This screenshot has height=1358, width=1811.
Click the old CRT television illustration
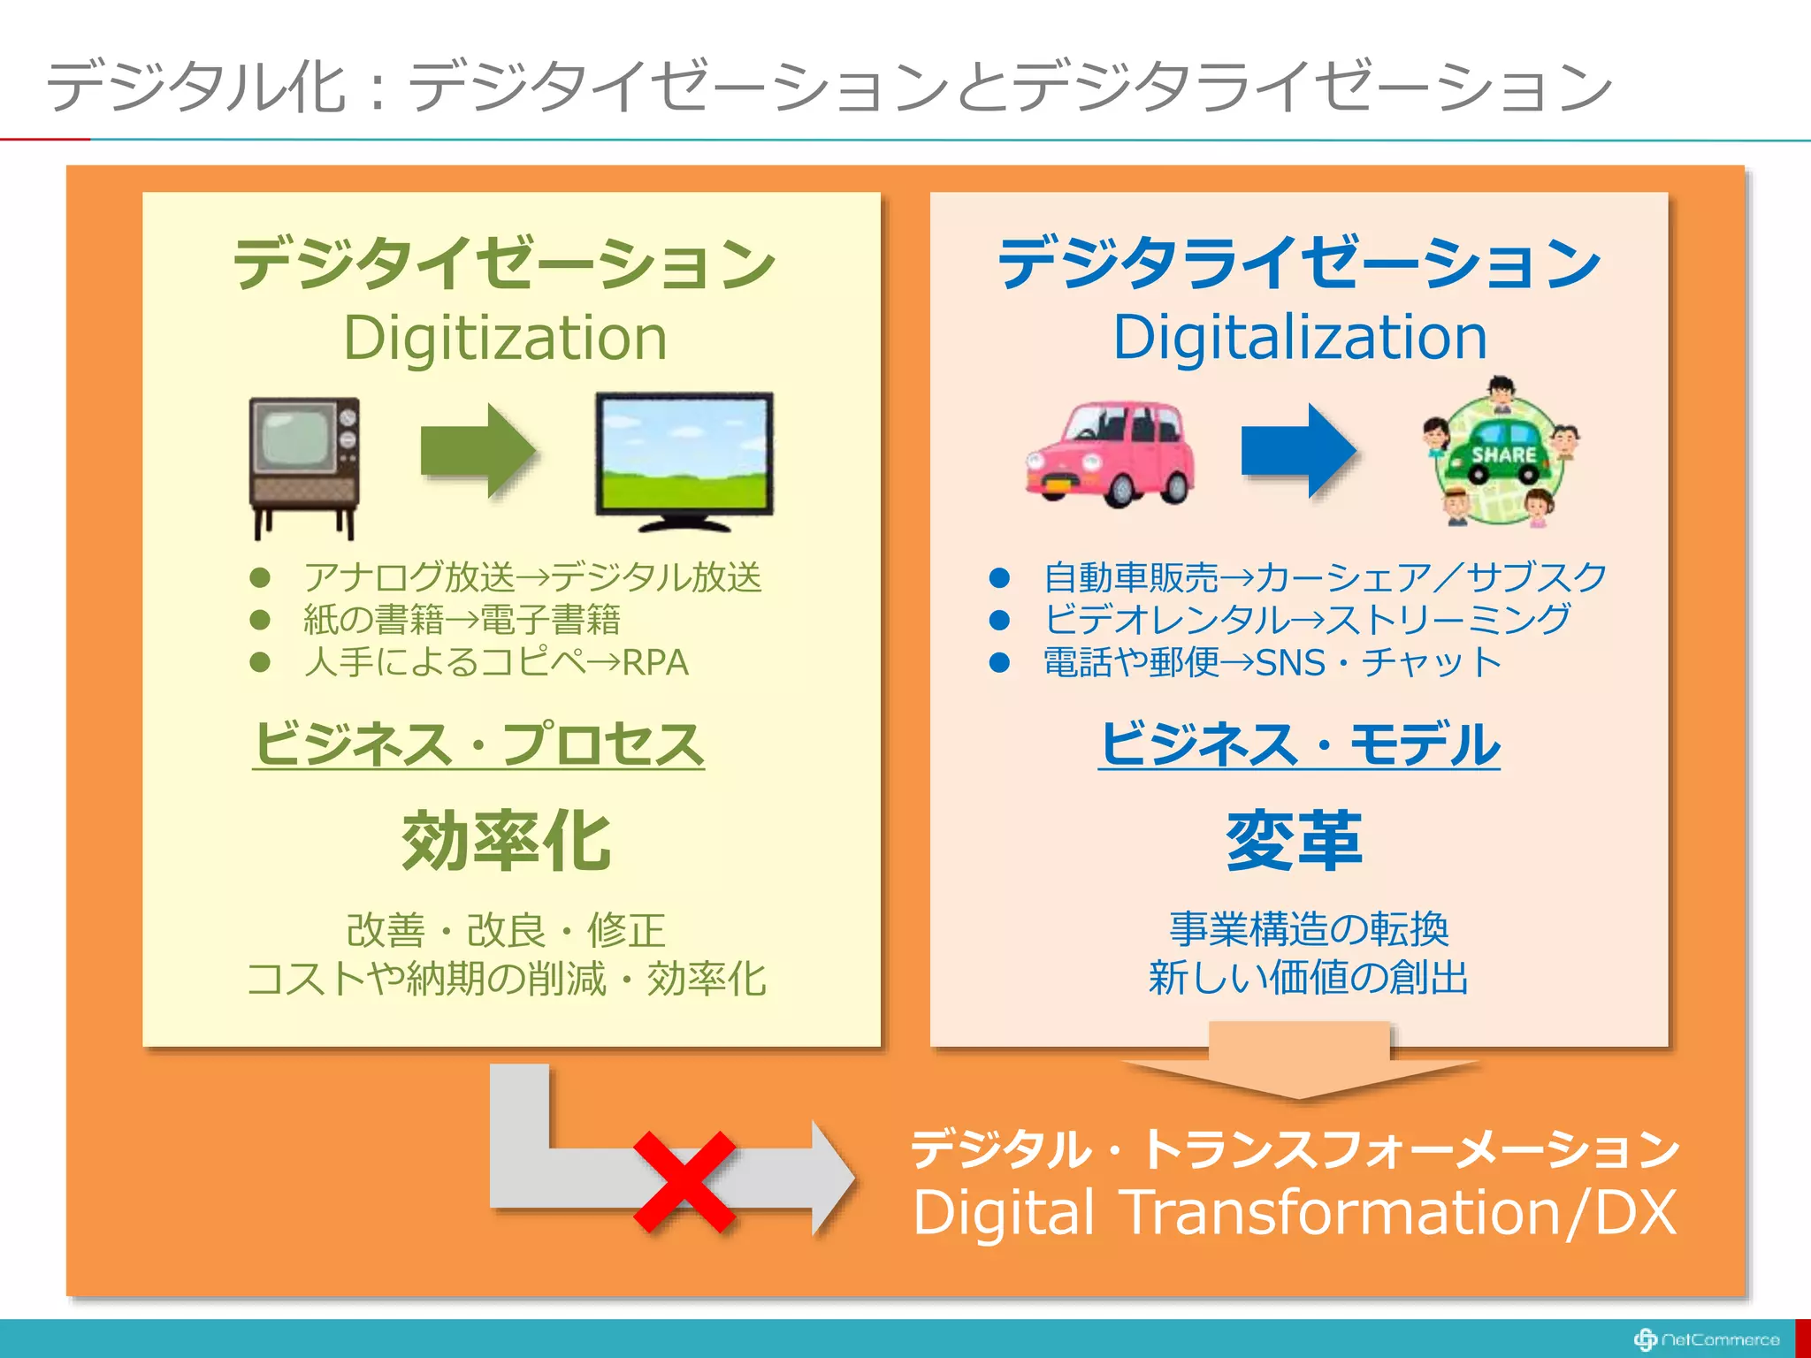click(x=304, y=465)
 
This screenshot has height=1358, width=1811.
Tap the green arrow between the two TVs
click(x=478, y=451)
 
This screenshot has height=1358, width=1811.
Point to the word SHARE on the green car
click(x=1503, y=455)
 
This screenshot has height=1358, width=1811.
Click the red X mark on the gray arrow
click(x=684, y=1181)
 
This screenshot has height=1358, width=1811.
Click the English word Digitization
click(x=505, y=338)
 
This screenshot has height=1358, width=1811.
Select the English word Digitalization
click(x=1300, y=338)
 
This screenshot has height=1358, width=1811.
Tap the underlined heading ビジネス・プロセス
click(x=478, y=744)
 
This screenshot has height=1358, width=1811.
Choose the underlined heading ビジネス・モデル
click(x=1300, y=744)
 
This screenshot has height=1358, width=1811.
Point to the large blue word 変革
click(x=1294, y=842)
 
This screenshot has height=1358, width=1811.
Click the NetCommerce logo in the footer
click(x=1707, y=1339)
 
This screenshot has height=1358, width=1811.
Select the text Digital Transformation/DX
click(x=1295, y=1212)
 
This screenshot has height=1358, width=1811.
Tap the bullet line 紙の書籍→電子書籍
click(x=462, y=620)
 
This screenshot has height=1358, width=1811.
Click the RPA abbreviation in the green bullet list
click(x=655, y=662)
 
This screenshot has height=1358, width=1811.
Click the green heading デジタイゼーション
click(x=505, y=263)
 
